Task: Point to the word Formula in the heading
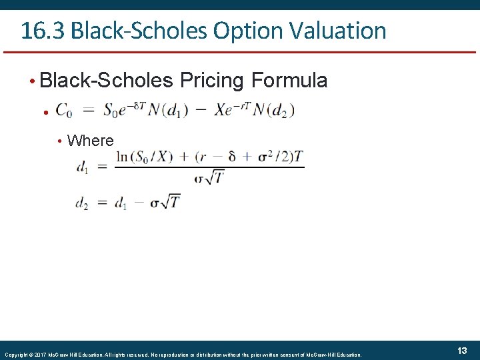tap(289, 81)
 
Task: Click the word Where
tap(91, 141)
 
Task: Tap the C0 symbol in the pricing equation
tap(65, 111)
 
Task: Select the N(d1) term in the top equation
tap(169, 111)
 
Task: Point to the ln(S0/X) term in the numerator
tap(144, 157)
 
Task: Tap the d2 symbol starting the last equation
tap(81, 203)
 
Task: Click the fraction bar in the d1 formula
tap(209, 167)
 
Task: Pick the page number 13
tap(461, 351)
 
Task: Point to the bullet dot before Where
tap(59, 141)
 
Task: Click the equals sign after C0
tap(89, 111)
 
